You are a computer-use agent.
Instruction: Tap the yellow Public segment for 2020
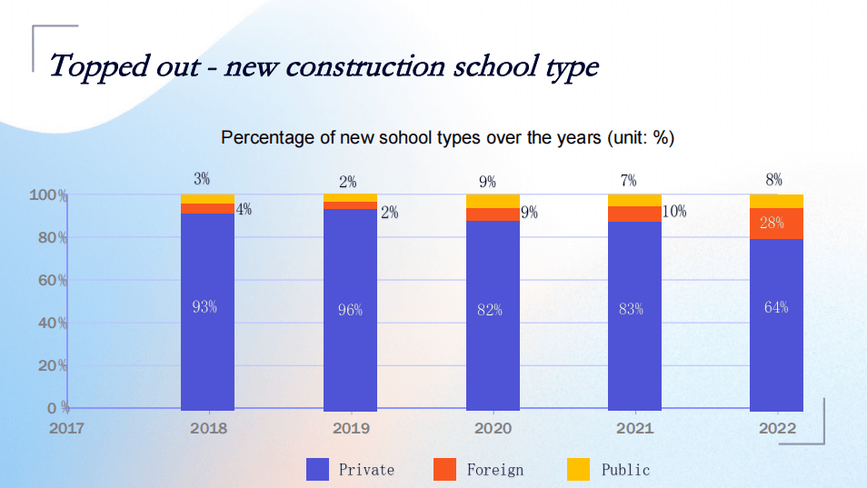click(x=493, y=201)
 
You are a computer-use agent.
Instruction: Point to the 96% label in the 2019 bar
click(x=350, y=310)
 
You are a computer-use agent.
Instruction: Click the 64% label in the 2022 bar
click(x=776, y=307)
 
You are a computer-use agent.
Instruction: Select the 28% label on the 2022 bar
click(x=772, y=224)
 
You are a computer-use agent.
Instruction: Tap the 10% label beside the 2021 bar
click(x=673, y=212)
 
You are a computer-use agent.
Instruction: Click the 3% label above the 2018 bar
click(x=202, y=180)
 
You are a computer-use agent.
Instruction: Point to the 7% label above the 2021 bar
click(x=628, y=180)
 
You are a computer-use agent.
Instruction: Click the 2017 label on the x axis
click(x=65, y=428)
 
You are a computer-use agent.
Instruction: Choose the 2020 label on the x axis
click(x=493, y=428)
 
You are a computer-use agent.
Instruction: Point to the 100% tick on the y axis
click(x=48, y=195)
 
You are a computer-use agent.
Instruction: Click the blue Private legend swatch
click(x=318, y=469)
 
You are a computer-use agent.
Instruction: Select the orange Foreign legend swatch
click(x=444, y=469)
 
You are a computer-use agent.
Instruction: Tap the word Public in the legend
click(x=625, y=470)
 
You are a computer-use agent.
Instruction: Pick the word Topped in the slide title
click(x=95, y=65)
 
